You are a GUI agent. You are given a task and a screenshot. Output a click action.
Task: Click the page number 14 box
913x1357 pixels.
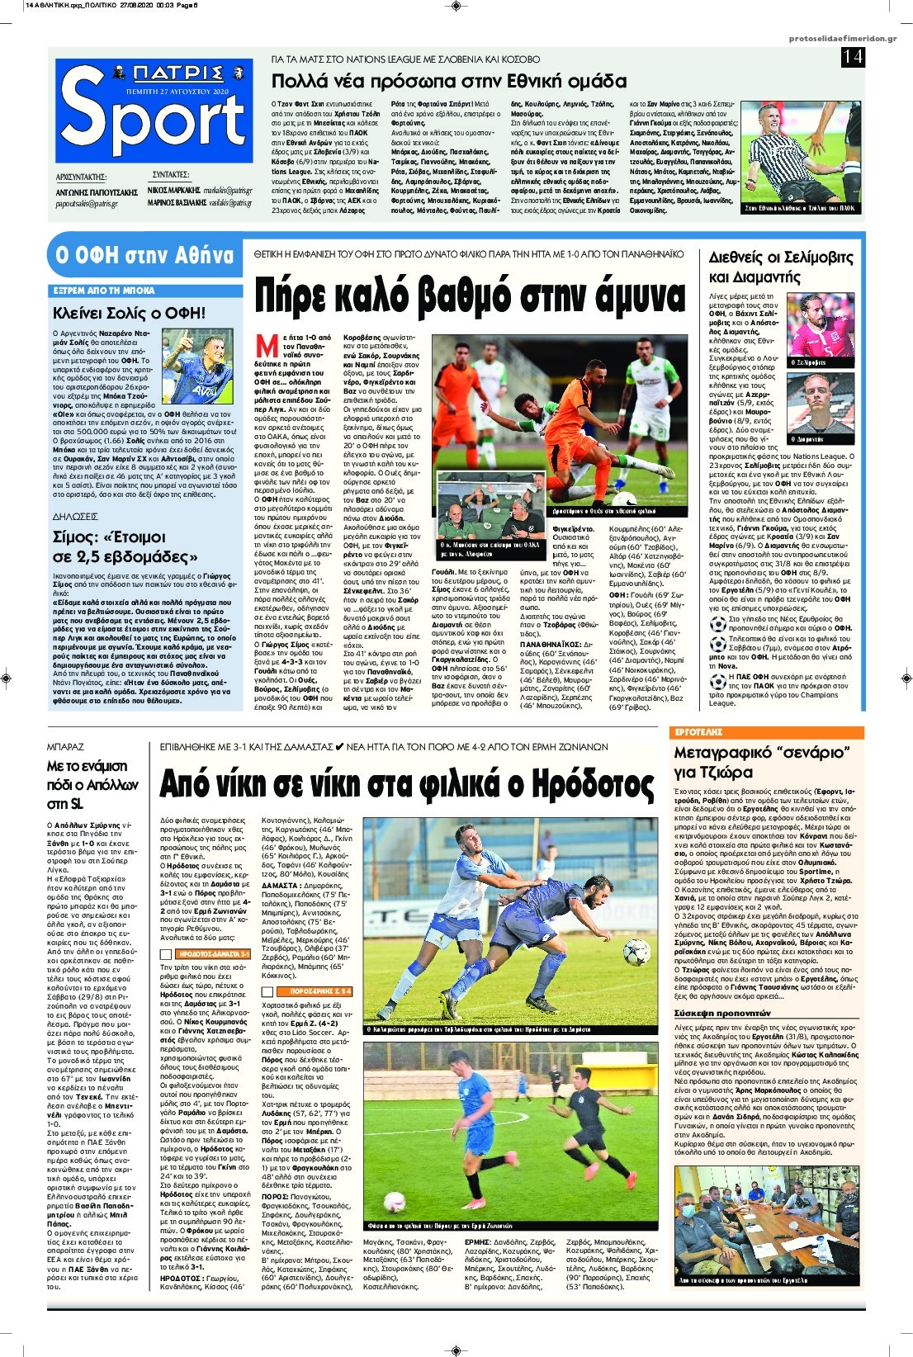pyautogui.click(x=853, y=56)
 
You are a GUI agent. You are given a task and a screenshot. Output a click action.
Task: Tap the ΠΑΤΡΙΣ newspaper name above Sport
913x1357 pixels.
pyautogui.click(x=153, y=72)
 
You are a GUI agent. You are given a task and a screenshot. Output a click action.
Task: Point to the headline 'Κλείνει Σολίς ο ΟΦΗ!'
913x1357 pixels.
pyautogui.click(x=129, y=313)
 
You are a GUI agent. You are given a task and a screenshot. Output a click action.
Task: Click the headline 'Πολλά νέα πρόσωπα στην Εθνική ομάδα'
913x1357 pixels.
pyautogui.click(x=449, y=82)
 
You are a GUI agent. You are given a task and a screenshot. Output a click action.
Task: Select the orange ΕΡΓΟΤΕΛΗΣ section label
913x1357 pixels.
pyautogui.click(x=698, y=732)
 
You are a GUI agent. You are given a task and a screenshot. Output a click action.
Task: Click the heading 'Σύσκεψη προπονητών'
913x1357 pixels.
pyautogui.click(x=721, y=1013)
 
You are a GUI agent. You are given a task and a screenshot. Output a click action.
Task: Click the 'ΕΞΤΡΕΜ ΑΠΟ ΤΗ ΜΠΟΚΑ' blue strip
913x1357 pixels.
pyautogui.click(x=104, y=291)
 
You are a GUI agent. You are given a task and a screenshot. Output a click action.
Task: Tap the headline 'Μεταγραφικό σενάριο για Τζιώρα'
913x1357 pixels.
pyautogui.click(x=762, y=762)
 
